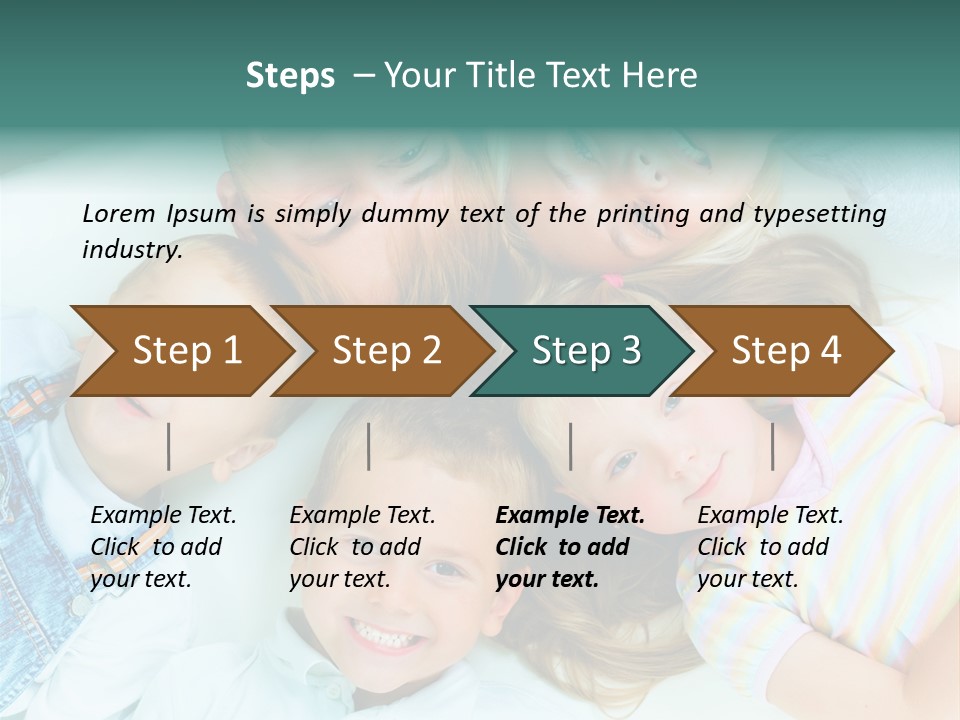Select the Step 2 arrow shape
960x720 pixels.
[386, 350]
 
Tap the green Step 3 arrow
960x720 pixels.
[586, 350]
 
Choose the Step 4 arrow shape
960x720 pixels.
[786, 350]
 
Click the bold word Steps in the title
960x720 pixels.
[290, 76]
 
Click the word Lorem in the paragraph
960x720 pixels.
[118, 213]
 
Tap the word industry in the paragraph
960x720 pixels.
[131, 250]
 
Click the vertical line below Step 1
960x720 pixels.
[169, 446]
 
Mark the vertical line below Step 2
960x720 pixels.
[369, 446]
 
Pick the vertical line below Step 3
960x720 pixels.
[570, 446]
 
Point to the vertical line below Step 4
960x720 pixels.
[773, 446]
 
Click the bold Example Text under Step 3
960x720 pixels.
[570, 516]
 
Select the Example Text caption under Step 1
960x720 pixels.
[163, 516]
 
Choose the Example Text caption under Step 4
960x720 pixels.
[770, 516]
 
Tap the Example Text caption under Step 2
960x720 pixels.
[362, 516]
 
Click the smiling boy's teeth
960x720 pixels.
[382, 634]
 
